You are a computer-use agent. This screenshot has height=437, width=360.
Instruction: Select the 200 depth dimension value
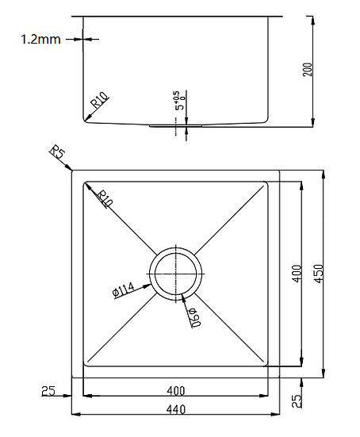click(308, 70)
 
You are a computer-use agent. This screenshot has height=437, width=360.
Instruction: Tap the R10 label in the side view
click(99, 100)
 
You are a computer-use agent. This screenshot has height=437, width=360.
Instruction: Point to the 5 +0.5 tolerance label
click(179, 99)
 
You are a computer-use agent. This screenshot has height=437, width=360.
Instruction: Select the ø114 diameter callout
click(127, 290)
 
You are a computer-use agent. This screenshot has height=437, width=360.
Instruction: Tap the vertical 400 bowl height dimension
click(295, 274)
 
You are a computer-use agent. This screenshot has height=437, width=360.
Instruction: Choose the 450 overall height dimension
click(318, 274)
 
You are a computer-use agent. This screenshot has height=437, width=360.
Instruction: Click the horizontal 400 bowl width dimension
click(176, 390)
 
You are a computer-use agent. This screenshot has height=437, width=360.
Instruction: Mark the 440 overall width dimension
click(176, 409)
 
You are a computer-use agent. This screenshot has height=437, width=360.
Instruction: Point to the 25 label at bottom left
click(48, 390)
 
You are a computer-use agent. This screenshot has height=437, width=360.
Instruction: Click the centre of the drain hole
click(176, 274)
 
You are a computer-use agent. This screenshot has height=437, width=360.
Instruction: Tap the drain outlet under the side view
click(176, 125)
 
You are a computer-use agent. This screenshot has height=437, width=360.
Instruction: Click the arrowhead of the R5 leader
click(71, 168)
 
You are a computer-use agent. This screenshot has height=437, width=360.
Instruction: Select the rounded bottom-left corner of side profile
click(85, 119)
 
